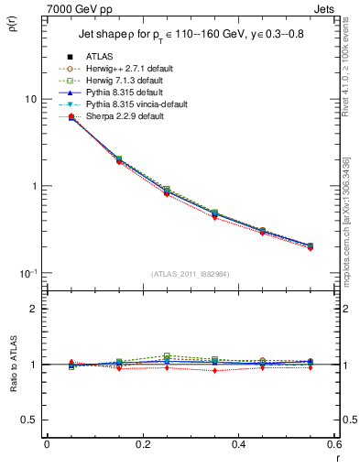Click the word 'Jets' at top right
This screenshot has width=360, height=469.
click(x=325, y=8)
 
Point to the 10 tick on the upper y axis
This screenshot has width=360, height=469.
click(x=29, y=99)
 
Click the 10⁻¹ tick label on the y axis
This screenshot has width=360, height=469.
click(x=27, y=273)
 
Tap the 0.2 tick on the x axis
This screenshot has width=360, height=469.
click(x=142, y=446)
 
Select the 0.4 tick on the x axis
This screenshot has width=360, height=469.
click(x=238, y=446)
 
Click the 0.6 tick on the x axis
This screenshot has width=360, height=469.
click(x=333, y=446)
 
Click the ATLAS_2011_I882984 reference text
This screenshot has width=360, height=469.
click(x=190, y=274)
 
